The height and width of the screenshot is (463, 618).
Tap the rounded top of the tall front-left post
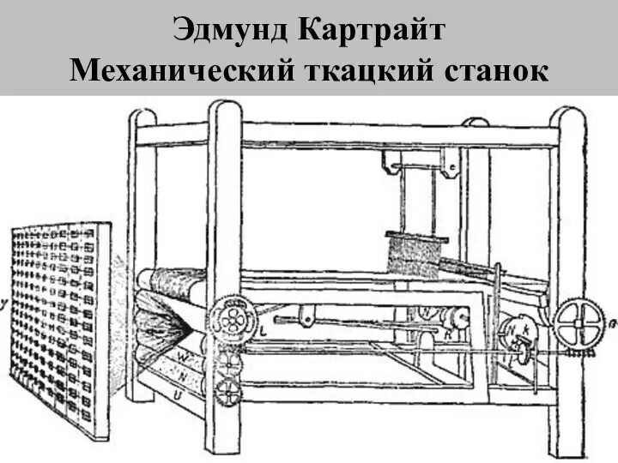point(224,111)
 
